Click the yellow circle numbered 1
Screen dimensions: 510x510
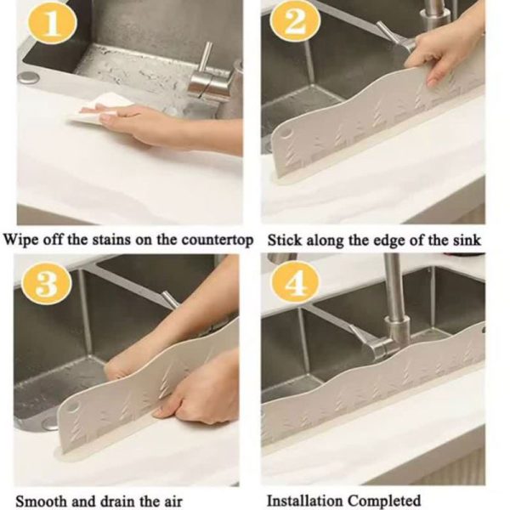53,23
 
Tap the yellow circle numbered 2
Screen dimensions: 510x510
295,22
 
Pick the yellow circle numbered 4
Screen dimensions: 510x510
295,282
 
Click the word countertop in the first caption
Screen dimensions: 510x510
218,241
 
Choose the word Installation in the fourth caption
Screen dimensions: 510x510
303,500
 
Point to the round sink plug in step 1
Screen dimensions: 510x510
28,77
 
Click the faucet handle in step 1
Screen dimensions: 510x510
206,59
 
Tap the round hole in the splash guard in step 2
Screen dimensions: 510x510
287,133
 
